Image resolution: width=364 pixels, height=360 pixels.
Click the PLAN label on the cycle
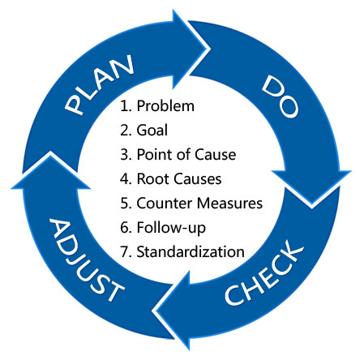[100, 84]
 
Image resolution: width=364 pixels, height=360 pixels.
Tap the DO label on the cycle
[280, 96]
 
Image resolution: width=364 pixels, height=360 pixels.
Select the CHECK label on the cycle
[264, 272]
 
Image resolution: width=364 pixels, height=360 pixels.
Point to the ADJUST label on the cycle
[87, 260]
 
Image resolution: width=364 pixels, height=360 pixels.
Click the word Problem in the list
[165, 105]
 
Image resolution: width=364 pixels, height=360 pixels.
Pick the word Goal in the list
[152, 130]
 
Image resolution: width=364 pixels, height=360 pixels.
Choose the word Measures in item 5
[229, 204]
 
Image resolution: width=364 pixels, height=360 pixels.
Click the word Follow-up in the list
[171, 228]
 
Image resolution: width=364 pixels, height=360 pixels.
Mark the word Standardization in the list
[191, 252]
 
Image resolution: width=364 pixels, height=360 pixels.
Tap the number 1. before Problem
[126, 105]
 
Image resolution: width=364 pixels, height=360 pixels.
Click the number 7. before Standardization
[126, 252]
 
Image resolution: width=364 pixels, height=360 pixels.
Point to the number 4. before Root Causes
[126, 179]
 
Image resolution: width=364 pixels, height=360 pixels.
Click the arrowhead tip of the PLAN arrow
[208, 49]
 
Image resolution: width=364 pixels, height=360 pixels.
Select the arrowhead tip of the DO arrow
[311, 206]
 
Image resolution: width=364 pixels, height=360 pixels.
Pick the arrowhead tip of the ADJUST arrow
[50, 153]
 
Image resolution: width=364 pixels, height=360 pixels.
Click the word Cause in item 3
[216, 155]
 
